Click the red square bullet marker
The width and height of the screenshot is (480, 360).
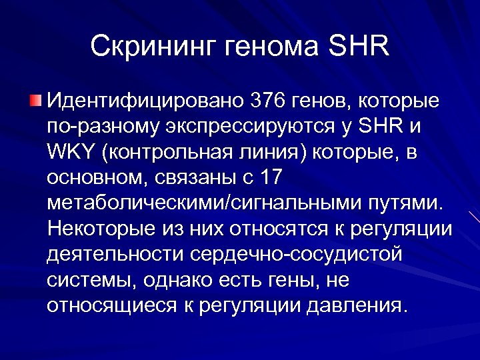click(x=35, y=101)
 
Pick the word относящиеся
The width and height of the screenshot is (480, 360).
click(x=110, y=305)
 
